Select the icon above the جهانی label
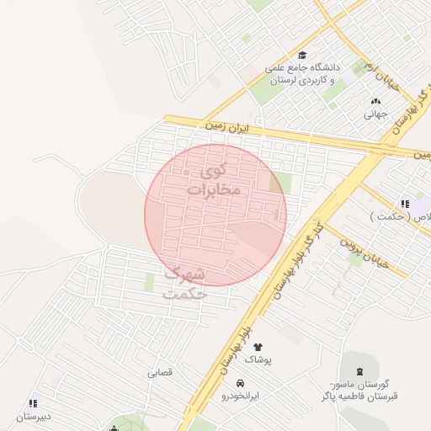375,101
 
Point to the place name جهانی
375,114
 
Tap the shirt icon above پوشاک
258,346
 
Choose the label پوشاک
258,359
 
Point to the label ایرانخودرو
242,395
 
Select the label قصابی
160,372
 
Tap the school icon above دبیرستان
33,403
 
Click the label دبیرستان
33,416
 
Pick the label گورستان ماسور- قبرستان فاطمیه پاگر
359,390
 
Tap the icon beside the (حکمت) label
405,203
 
